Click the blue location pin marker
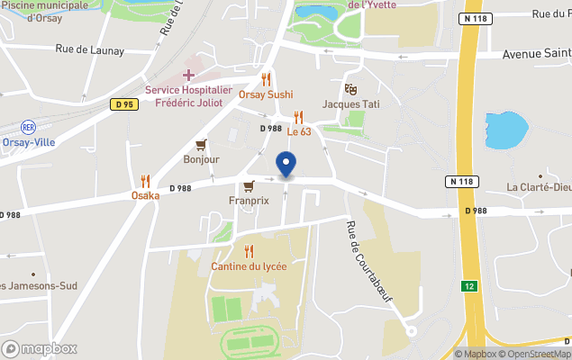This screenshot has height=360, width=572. click(x=286, y=165)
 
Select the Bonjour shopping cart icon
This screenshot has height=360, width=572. click(x=201, y=145)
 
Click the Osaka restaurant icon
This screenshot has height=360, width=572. click(x=145, y=181)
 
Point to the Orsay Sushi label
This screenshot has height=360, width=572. click(x=265, y=94)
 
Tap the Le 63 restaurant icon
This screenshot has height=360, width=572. click(x=298, y=117)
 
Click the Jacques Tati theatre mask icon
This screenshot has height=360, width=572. click(x=350, y=89)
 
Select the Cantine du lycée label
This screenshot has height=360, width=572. click(x=249, y=266)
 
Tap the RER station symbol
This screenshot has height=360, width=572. click(x=28, y=127)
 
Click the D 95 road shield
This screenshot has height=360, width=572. click(x=124, y=104)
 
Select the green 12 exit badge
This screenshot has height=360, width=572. click(x=468, y=286)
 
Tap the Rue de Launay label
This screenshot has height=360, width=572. click(x=89, y=50)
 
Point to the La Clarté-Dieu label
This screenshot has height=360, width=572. click(x=539, y=187)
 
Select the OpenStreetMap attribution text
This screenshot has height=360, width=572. click(x=537, y=354)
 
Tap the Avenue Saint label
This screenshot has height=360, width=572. click(x=536, y=55)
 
